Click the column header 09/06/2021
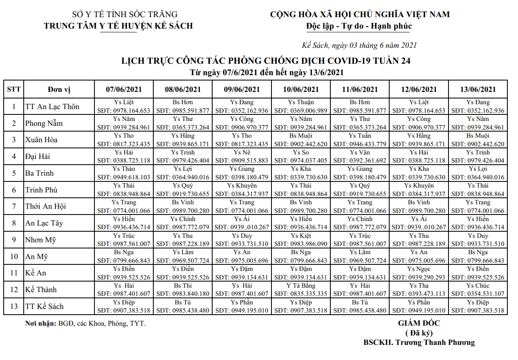(242, 89)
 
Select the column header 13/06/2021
(478, 89)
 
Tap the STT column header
(14, 89)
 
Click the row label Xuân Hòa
(41, 140)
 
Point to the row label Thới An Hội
(45, 206)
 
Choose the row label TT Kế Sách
(45, 306)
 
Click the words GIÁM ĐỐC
(419, 323)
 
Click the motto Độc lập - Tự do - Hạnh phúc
(359, 26)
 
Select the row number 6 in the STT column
(14, 190)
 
